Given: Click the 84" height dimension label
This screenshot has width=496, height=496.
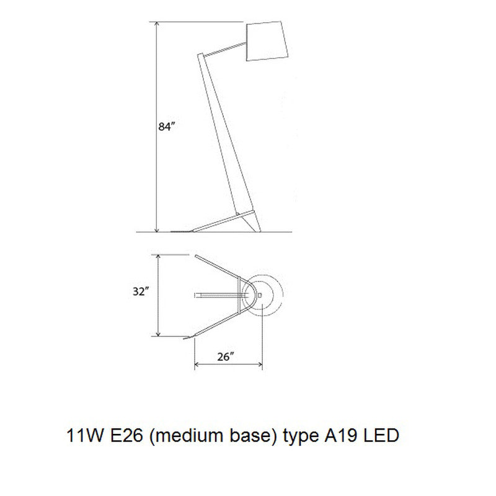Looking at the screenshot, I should pyautogui.click(x=166, y=128).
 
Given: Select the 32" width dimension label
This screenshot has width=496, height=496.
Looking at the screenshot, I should pyautogui.click(x=142, y=292).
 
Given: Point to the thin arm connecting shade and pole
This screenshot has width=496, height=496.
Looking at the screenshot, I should pyautogui.click(x=226, y=49).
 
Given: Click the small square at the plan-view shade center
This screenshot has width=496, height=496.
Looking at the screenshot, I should pyautogui.click(x=260, y=294).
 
